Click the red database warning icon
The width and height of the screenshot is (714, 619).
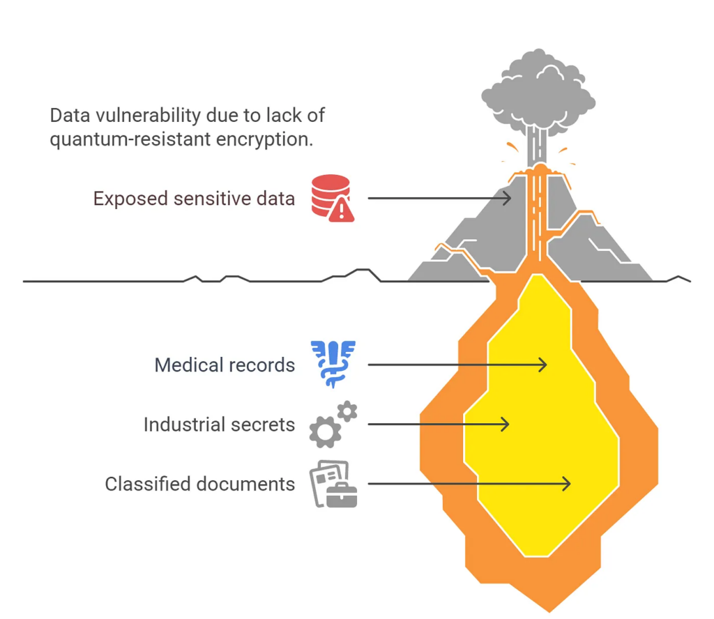tap(333, 198)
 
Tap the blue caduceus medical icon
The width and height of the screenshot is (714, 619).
tap(333, 364)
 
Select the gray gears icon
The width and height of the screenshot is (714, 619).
tap(333, 425)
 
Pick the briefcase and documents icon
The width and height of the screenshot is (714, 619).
tap(333, 484)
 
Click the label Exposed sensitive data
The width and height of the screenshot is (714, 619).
tap(194, 199)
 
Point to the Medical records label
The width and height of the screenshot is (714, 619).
tap(225, 365)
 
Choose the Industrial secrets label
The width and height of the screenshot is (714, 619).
tap(219, 425)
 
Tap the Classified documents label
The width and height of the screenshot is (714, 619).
tap(200, 484)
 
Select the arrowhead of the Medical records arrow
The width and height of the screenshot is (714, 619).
tap(542, 365)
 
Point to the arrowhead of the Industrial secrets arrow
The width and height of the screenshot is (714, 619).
tap(505, 425)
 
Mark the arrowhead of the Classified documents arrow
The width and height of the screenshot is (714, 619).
tap(566, 483)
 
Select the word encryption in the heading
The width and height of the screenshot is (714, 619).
tap(264, 139)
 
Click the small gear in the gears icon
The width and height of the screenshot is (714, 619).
tap(347, 411)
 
